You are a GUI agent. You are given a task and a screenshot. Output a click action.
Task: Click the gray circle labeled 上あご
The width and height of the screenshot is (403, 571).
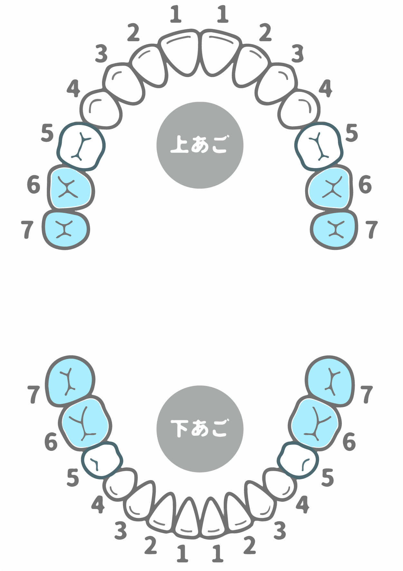[200, 145]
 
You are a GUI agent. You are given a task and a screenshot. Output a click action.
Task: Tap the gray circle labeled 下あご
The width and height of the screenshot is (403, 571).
[200, 429]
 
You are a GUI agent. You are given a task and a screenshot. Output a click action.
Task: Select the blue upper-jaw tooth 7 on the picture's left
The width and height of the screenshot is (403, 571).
[66, 230]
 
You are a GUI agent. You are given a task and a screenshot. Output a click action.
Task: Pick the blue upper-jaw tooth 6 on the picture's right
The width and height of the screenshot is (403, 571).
[329, 188]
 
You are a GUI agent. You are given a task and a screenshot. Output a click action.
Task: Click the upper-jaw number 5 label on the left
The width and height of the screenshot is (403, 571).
[47, 133]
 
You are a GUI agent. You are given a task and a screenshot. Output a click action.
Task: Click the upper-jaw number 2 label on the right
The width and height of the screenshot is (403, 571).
[265, 33]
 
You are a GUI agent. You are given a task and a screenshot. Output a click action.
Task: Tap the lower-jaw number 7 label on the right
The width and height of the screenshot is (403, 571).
[367, 395]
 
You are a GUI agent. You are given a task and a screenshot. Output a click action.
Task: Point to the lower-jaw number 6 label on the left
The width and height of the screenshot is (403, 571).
[51, 441]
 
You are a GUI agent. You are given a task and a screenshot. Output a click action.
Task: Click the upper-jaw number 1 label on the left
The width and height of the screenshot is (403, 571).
[176, 14]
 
